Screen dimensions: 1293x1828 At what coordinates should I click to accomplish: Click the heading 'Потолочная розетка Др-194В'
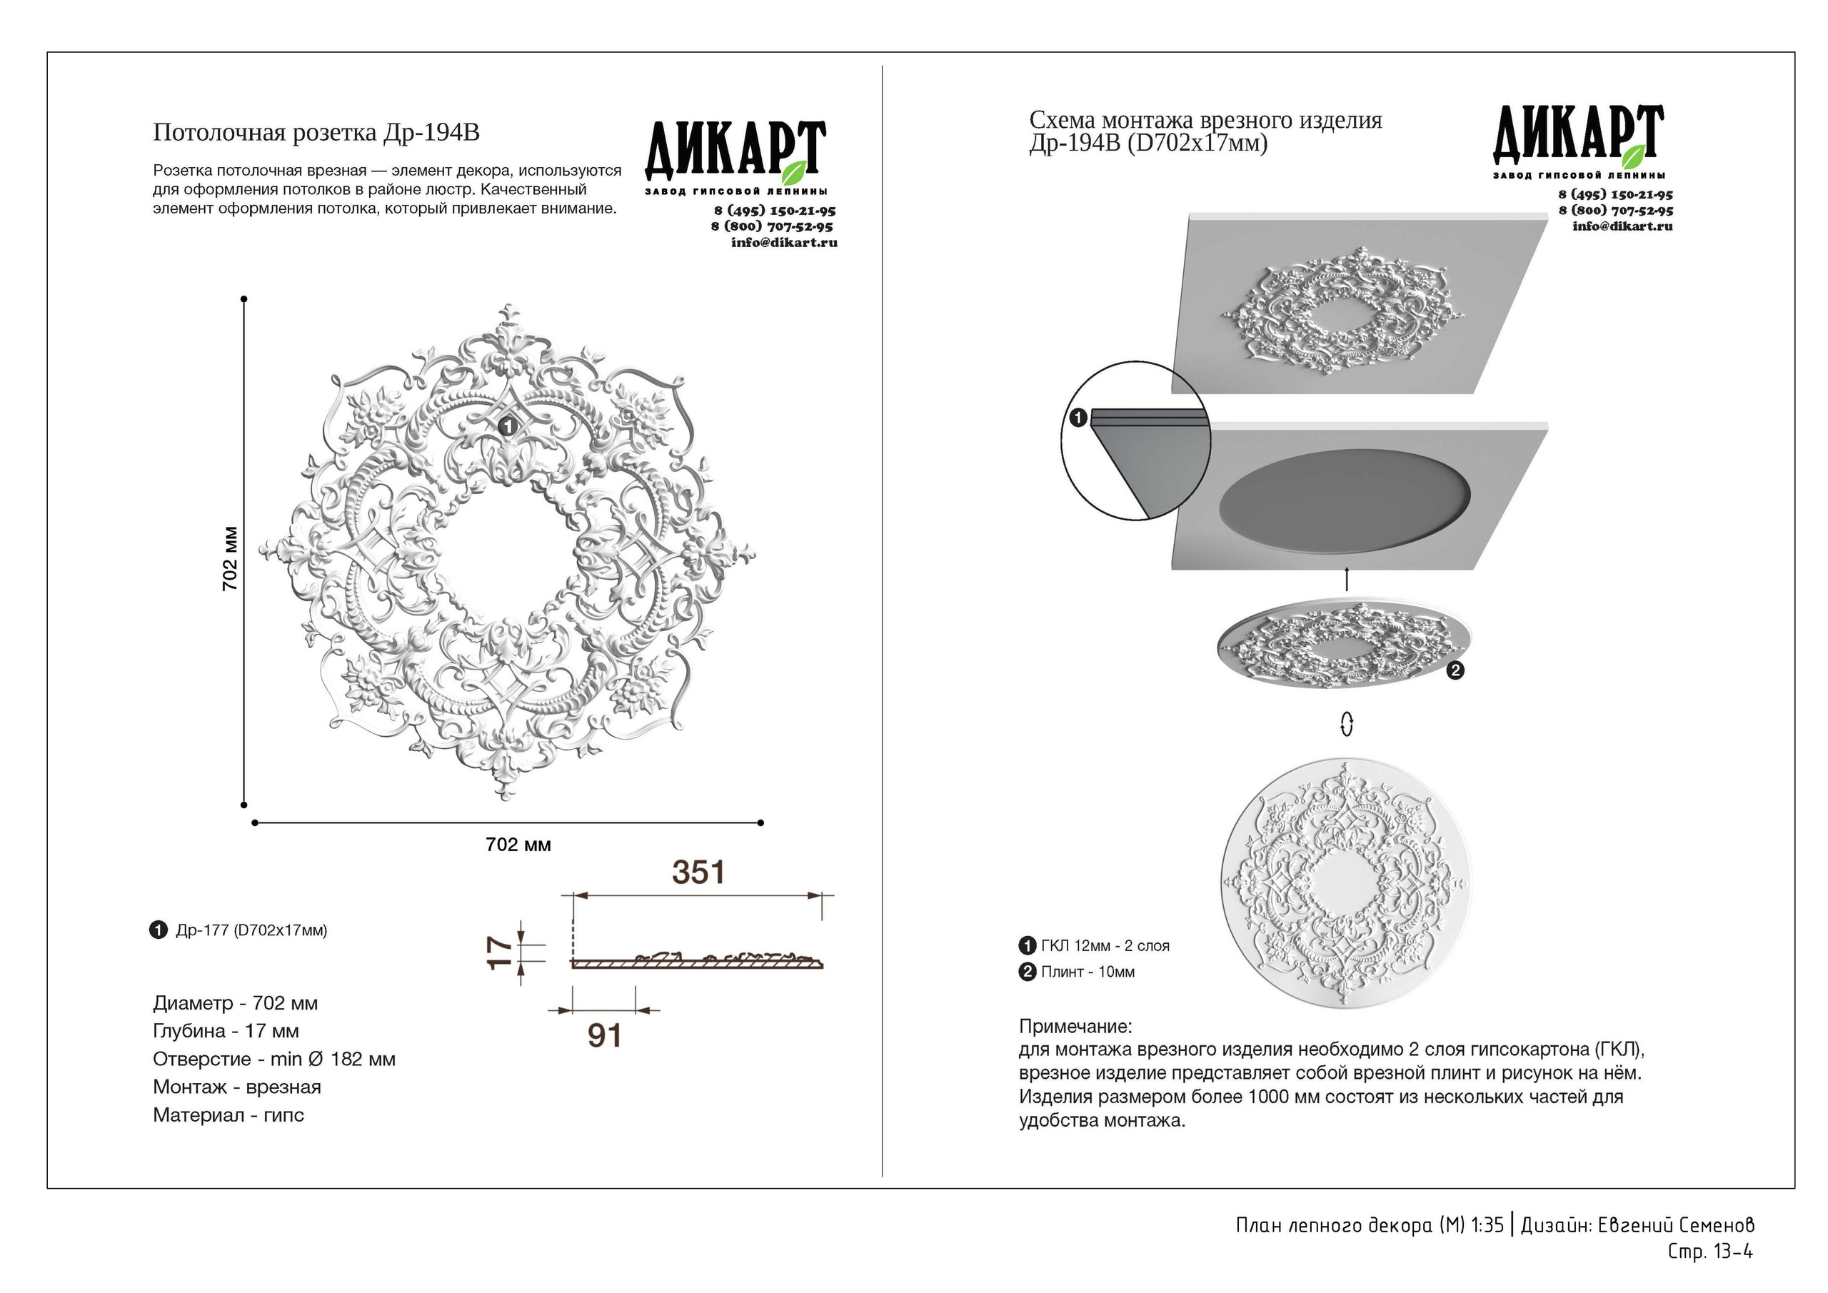pyautogui.click(x=316, y=132)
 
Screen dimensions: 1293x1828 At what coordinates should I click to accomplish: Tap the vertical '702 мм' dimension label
pyautogui.click(x=229, y=558)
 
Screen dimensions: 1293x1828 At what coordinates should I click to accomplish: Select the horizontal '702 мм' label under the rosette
pyautogui.click(x=518, y=845)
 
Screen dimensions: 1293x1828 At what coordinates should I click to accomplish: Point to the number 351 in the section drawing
pyautogui.click(x=698, y=873)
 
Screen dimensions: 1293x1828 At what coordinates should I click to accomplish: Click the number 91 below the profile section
pyautogui.click(x=604, y=1036)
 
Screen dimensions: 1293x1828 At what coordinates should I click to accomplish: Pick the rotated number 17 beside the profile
pyautogui.click(x=499, y=952)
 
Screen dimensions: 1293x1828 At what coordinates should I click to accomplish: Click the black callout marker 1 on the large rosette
pyautogui.click(x=507, y=428)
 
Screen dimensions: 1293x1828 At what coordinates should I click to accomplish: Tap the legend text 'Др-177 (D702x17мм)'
pyautogui.click(x=251, y=930)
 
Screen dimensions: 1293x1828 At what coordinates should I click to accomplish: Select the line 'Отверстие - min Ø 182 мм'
pyautogui.click(x=274, y=1059)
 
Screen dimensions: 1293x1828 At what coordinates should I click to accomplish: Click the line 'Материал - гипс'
pyautogui.click(x=228, y=1115)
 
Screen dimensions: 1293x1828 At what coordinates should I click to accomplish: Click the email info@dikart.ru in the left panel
pyautogui.click(x=783, y=242)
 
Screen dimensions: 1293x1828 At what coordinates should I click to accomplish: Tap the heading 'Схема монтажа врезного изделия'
pyautogui.click(x=1205, y=120)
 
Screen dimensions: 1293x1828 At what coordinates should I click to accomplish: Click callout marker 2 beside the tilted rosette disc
pyautogui.click(x=1455, y=671)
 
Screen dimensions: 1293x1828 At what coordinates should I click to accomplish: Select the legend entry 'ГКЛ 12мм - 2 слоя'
pyautogui.click(x=1104, y=946)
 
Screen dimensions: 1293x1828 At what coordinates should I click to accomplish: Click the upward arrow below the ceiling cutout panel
pyautogui.click(x=1346, y=579)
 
